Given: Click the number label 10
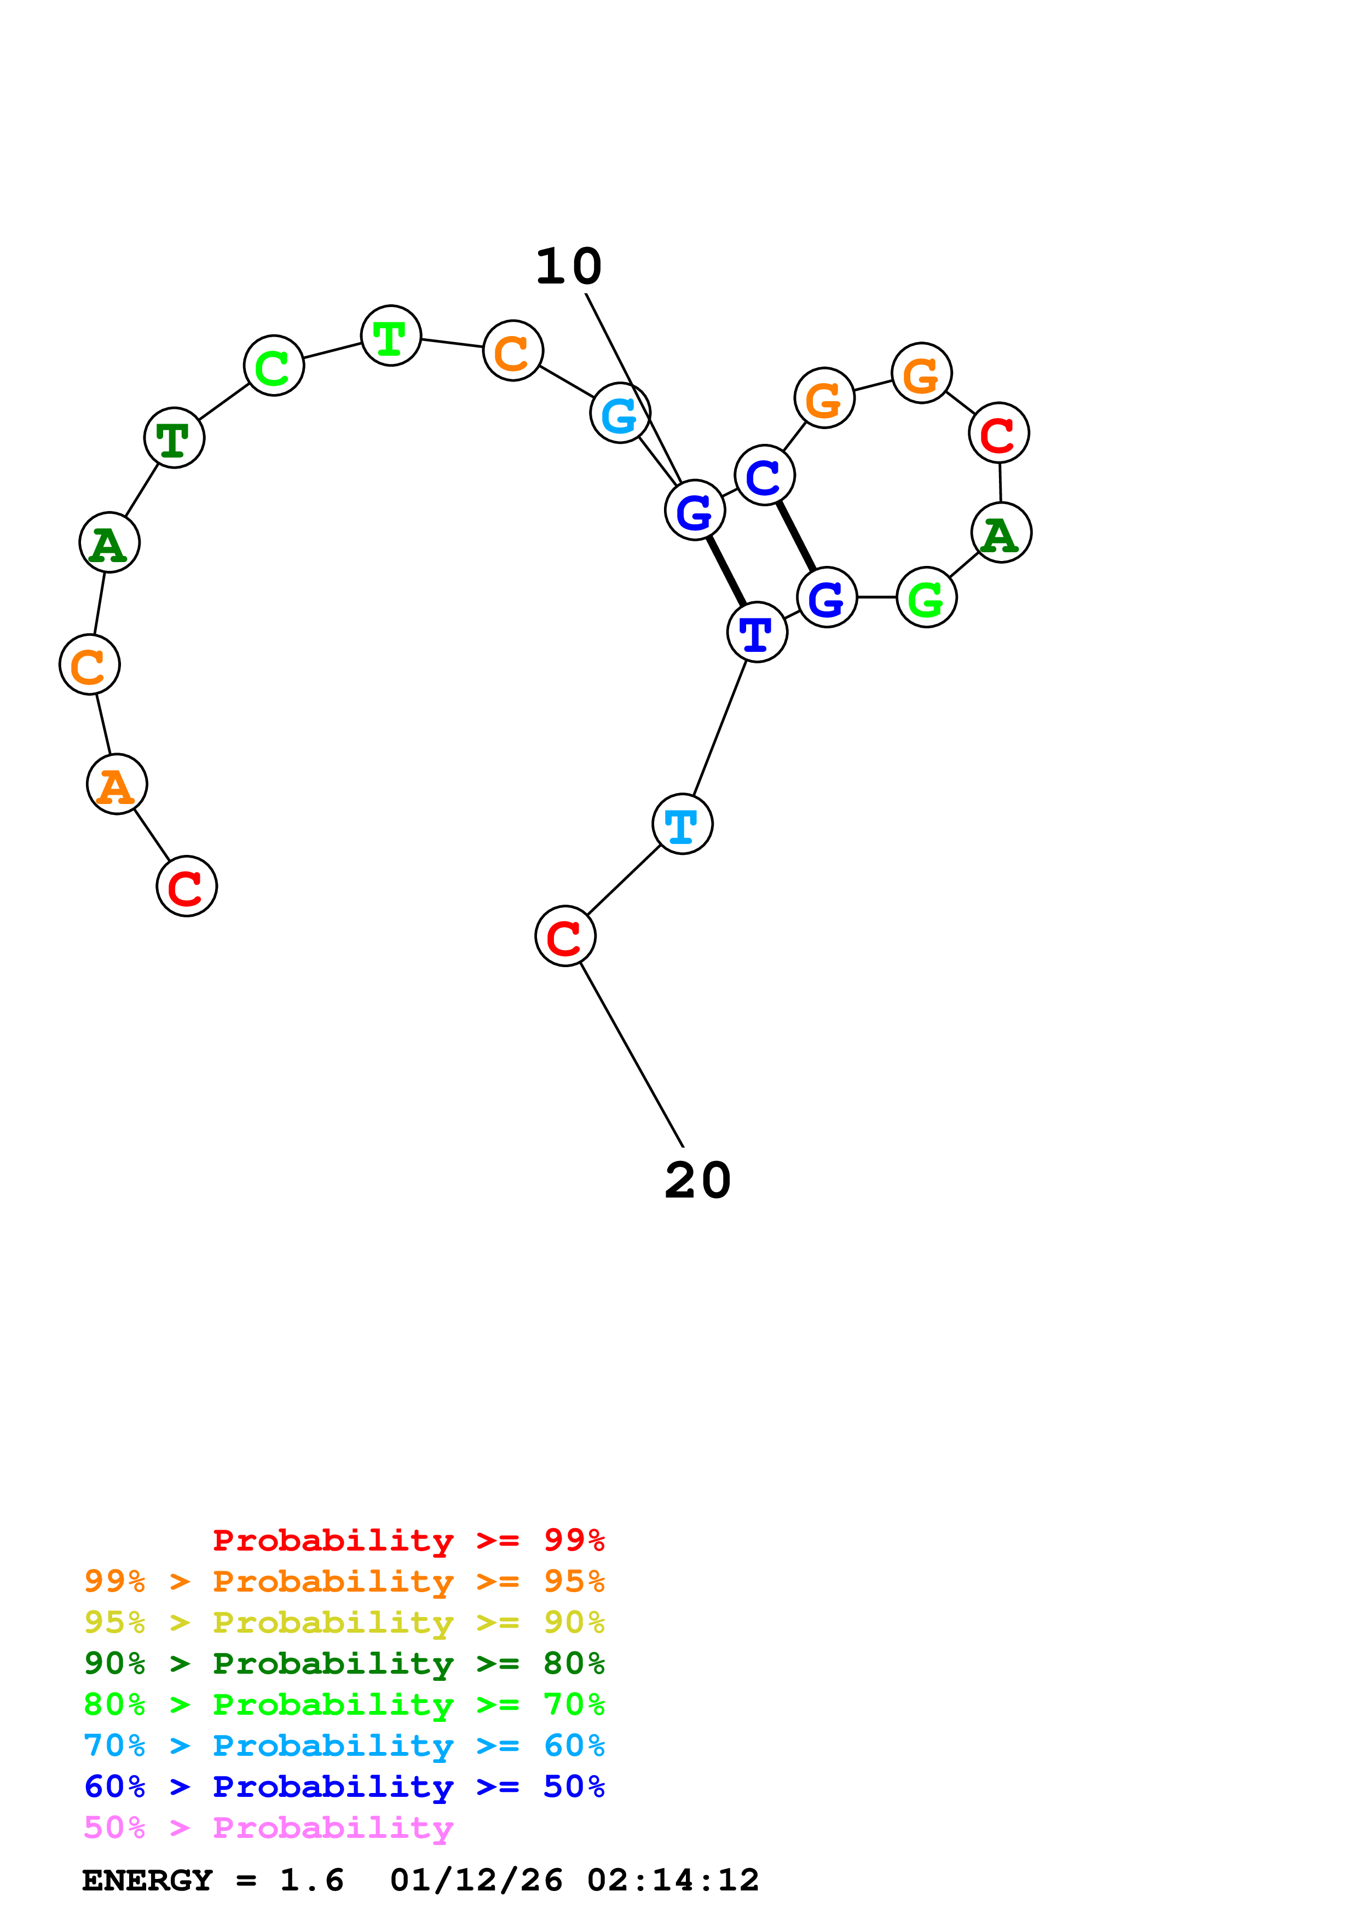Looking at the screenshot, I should click(x=569, y=267).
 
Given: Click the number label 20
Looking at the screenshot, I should click(x=697, y=1180).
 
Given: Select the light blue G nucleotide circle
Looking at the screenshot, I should click(x=620, y=413).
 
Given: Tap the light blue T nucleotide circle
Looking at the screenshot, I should click(x=682, y=824).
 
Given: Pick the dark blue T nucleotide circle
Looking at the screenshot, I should click(x=757, y=632).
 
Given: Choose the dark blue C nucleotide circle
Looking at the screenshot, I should click(x=764, y=476).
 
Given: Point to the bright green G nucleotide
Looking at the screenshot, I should click(x=926, y=597).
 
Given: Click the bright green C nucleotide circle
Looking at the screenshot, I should click(x=273, y=366).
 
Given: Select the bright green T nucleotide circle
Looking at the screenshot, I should click(x=390, y=336).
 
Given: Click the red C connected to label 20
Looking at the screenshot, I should click(x=565, y=936).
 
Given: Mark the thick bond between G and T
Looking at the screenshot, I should click(x=726, y=571).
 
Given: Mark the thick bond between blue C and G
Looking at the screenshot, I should click(x=795, y=536).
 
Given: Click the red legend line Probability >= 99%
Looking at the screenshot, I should click(x=408, y=1540).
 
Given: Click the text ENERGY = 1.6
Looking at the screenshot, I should click(x=212, y=1880).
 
